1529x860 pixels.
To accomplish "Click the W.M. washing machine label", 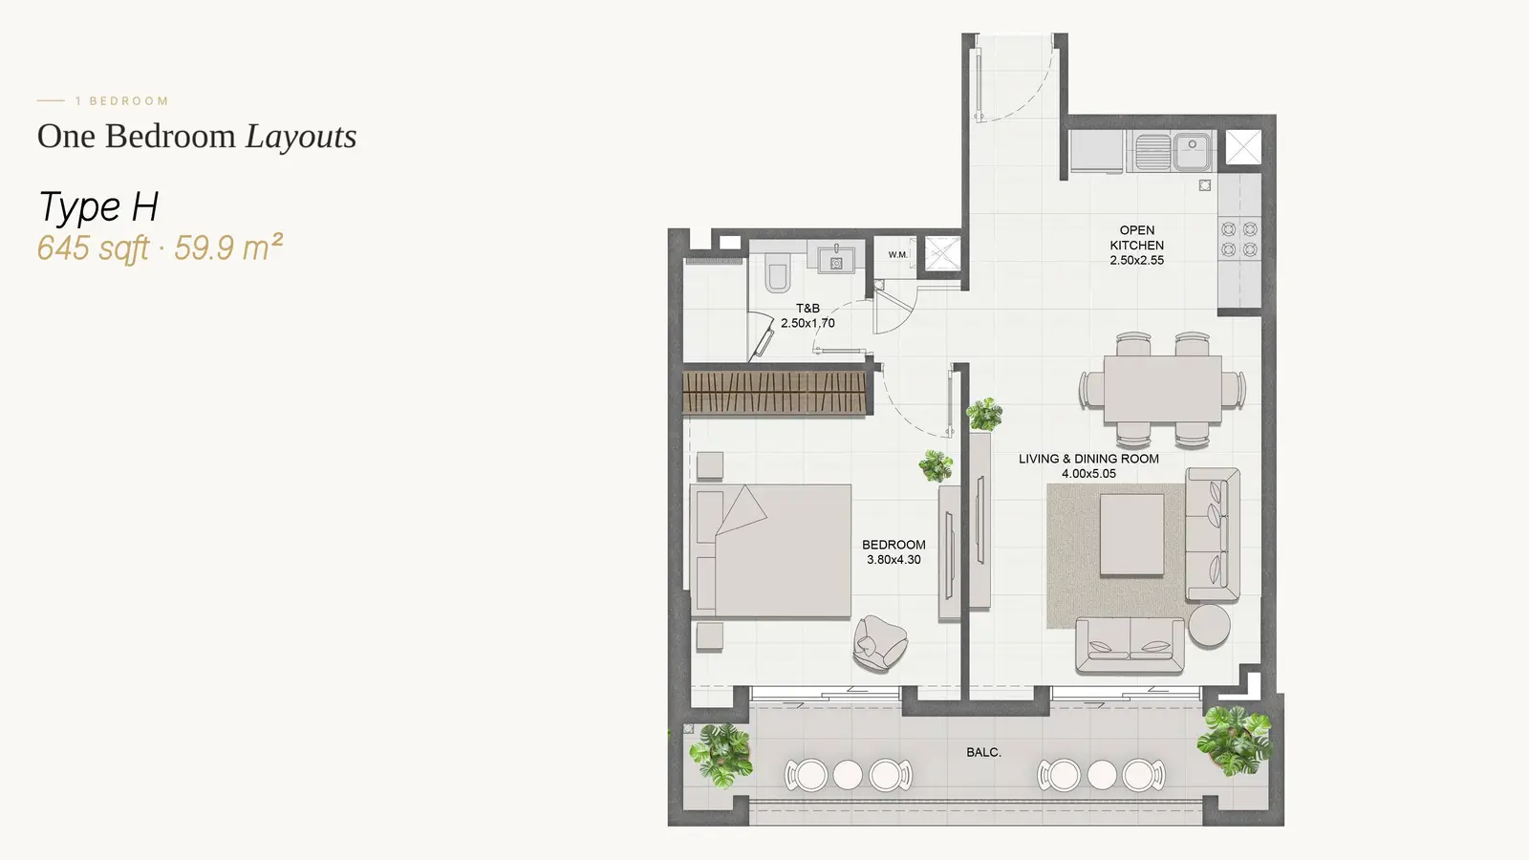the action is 897,254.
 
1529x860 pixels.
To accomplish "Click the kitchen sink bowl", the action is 1192,152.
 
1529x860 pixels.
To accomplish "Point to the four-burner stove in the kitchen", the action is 1238,239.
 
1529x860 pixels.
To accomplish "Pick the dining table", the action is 1162,389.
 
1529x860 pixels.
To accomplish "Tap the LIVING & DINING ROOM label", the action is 1088,459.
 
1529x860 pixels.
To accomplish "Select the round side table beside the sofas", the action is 1209,625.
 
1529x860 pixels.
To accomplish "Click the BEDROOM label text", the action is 894,545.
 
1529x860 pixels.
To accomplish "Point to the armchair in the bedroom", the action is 880,643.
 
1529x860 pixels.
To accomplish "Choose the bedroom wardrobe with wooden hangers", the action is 775,393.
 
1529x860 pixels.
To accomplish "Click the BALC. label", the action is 983,752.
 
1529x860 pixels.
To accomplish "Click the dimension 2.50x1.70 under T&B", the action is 808,323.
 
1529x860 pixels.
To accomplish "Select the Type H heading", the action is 98,206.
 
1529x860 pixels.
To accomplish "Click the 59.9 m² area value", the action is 228,247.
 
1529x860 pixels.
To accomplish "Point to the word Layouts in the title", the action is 301,136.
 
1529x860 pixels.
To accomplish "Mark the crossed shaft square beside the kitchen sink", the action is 1243,147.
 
